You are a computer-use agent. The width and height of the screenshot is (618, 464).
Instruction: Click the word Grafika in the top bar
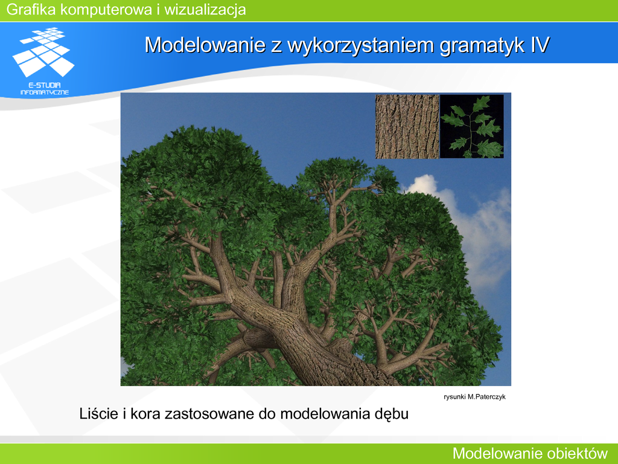tap(31, 10)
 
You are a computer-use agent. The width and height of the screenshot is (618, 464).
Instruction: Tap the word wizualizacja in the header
tap(205, 10)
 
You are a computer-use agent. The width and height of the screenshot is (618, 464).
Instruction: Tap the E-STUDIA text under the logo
tap(45, 85)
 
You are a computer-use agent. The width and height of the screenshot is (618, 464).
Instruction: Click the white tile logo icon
tap(43, 52)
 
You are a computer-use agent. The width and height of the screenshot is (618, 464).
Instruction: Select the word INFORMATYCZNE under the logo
tap(45, 92)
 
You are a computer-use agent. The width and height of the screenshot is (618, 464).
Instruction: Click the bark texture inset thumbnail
tap(407, 127)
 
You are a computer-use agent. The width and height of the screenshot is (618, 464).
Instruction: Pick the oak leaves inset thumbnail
tap(472, 127)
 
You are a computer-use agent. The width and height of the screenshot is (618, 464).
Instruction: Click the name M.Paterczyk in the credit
tap(486, 397)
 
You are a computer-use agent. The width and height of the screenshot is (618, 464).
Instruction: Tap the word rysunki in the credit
tap(454, 397)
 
